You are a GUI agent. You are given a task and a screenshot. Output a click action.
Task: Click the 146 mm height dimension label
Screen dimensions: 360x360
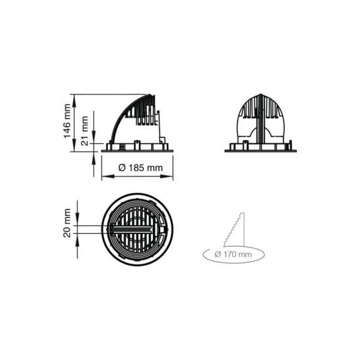[67, 121]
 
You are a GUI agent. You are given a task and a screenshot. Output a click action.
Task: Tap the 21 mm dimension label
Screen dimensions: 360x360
[85, 131]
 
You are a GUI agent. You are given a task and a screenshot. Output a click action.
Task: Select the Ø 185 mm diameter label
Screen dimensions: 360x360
[140, 168]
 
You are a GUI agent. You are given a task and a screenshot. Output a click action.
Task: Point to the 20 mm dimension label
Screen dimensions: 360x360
[67, 223]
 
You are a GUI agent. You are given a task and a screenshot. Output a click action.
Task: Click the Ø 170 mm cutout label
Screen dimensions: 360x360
[233, 254]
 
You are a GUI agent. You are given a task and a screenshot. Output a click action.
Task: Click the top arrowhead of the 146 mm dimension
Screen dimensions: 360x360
[74, 101]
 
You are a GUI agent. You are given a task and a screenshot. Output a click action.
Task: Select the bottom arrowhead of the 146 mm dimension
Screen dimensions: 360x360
[74, 145]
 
